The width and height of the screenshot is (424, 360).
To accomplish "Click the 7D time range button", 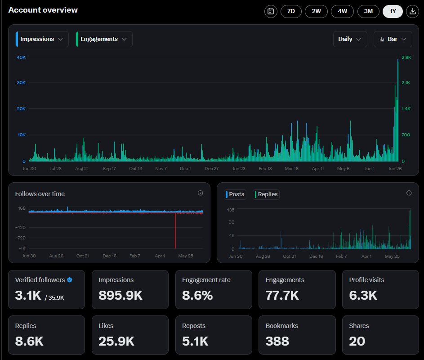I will (x=291, y=11).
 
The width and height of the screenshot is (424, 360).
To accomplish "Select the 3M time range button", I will (x=368, y=11).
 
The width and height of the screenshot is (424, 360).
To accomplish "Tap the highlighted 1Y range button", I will (x=393, y=11).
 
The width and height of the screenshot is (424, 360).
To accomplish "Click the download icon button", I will (x=412, y=11).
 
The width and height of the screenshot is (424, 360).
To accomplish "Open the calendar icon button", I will (x=271, y=11).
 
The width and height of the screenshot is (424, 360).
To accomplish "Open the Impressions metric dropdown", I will (x=42, y=39).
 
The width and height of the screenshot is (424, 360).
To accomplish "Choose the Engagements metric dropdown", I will (x=104, y=39).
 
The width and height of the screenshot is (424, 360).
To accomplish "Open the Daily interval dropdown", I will (x=350, y=39).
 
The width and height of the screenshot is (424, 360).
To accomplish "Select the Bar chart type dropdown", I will (x=393, y=39).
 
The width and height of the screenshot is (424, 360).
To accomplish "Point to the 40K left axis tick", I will (x=21, y=57).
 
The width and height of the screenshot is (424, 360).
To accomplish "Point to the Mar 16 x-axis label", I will (x=292, y=169).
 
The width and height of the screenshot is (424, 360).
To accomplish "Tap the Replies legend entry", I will (x=267, y=194).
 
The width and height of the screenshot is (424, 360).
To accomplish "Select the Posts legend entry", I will (x=236, y=194).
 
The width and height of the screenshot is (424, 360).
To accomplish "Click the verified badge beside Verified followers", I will (x=70, y=280).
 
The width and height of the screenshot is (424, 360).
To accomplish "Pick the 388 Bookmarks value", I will (x=277, y=341).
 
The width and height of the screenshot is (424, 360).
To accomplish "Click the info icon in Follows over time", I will (x=200, y=193).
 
